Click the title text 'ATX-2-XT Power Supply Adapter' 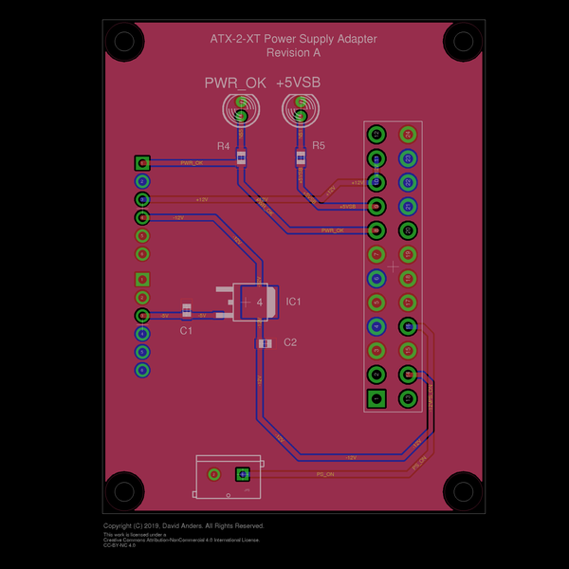(x=293, y=39)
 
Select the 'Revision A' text (x=293, y=53)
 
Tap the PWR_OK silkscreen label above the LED (x=235, y=83)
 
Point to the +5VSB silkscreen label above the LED (x=299, y=83)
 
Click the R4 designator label (x=223, y=146)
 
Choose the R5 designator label (x=318, y=146)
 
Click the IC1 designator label (x=293, y=302)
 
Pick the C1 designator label (x=186, y=331)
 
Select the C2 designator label (x=290, y=342)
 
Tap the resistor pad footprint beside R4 (x=241, y=157)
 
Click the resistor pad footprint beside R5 (x=301, y=157)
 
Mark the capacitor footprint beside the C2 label (x=264, y=343)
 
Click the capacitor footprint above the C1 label (x=187, y=309)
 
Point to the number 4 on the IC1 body (x=259, y=302)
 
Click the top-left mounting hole (x=123, y=41)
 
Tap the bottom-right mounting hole (x=464, y=490)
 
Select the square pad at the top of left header (x=142, y=163)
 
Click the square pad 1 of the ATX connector (x=376, y=398)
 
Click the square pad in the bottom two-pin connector (x=242, y=473)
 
